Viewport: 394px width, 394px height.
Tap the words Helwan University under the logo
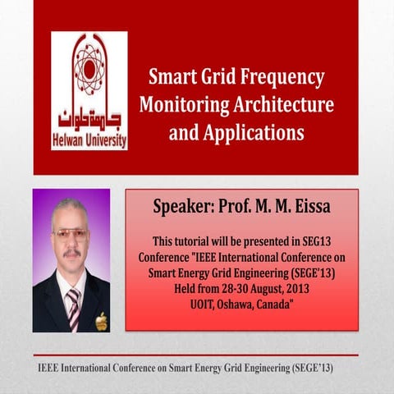tap(89, 140)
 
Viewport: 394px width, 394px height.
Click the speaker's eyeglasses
tap(71, 234)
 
